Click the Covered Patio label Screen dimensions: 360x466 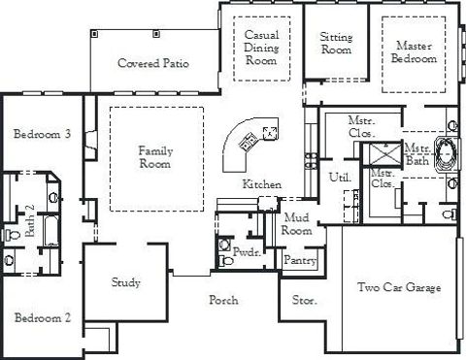click(153, 64)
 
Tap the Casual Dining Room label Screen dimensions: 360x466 click(261, 47)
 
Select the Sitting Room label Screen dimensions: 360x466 click(336, 44)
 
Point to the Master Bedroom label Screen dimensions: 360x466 click(415, 51)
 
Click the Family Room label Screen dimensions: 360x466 click(155, 157)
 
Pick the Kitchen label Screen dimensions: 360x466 click(262, 183)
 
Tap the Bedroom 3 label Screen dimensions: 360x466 click(42, 134)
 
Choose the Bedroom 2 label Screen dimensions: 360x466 click(42, 317)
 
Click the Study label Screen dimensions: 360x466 click(126, 283)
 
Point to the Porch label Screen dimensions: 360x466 click(224, 301)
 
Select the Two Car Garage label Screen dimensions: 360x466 click(399, 288)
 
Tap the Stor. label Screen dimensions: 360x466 click(304, 301)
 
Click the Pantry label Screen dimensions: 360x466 click(297, 260)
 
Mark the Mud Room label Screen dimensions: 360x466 click(296, 225)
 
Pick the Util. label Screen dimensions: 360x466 click(340, 178)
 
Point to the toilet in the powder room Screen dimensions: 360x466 click(226, 245)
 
